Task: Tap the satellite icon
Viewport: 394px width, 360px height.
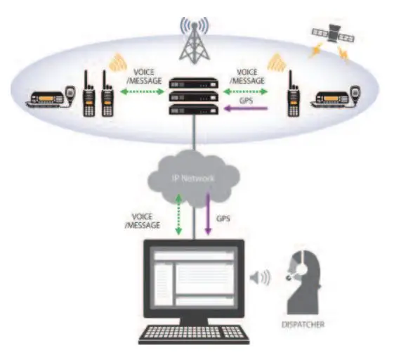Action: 333,34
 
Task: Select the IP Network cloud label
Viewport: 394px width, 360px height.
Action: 193,179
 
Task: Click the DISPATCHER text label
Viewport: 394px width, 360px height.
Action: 303,324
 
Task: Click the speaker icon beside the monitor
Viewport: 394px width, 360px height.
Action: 261,278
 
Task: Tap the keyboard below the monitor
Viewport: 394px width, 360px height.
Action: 194,335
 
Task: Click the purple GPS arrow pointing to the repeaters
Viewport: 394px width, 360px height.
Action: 246,109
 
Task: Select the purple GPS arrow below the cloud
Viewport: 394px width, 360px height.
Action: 208,214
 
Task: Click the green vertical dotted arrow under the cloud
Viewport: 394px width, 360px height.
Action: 178,214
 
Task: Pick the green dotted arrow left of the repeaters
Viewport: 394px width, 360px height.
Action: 142,91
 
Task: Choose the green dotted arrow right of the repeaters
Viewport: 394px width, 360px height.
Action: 245,91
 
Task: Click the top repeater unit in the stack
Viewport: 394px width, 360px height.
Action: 193,83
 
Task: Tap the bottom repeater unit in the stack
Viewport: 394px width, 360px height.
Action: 193,110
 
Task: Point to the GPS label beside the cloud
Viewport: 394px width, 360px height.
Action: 223,219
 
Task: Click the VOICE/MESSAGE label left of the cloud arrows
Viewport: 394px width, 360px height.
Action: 143,221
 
